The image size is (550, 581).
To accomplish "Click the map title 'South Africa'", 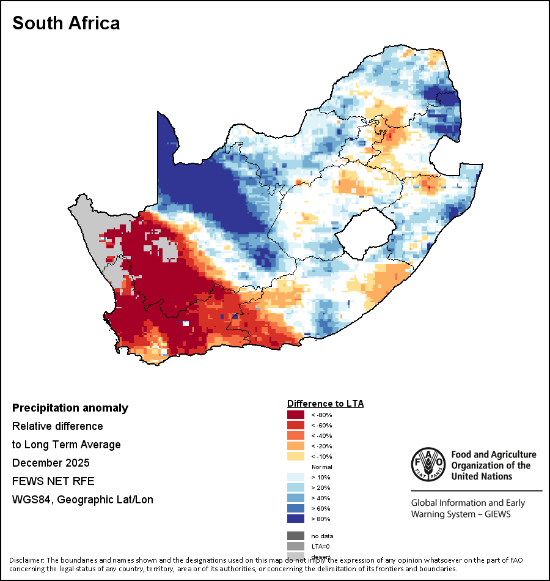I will [66, 23].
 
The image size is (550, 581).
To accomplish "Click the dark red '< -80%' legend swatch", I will [296, 415].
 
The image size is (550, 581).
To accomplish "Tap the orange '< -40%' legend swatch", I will [296, 435].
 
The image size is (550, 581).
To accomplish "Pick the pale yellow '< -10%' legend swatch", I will [296, 456].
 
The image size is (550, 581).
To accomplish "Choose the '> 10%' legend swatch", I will [296, 477].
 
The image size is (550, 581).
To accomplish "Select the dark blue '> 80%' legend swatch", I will [296, 519].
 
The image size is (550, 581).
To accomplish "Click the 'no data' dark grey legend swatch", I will [296, 536].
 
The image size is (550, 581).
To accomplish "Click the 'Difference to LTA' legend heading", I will [325, 404].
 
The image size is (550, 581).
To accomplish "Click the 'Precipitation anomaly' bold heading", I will [70, 408].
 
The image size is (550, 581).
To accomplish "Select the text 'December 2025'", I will [51, 463].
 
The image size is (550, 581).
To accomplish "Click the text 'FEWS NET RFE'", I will [53, 481].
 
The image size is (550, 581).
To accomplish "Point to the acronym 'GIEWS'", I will [496, 514].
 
